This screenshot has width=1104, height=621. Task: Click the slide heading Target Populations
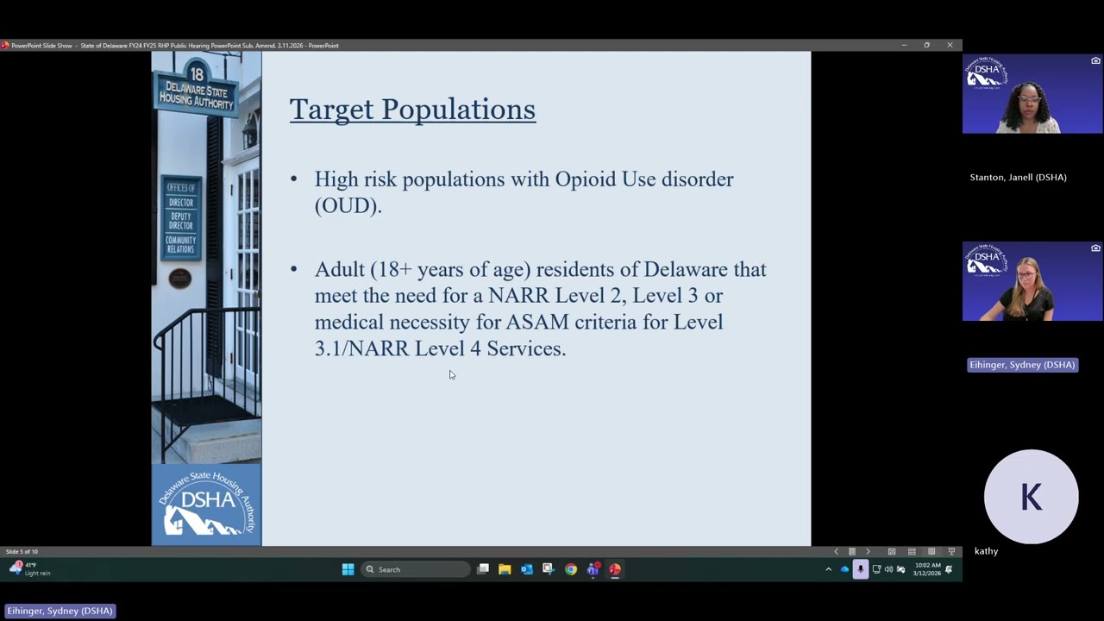(x=412, y=110)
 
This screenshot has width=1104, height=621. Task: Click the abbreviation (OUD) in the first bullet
(x=348, y=206)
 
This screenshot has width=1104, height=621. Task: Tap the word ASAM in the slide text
(x=536, y=323)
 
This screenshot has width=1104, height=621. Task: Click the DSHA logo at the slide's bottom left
(x=206, y=505)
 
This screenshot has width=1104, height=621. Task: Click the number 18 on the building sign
(x=197, y=74)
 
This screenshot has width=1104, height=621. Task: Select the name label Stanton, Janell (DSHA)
(x=1018, y=178)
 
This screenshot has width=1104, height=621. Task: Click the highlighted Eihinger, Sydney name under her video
(x=1022, y=365)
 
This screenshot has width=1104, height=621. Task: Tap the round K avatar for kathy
(x=1031, y=497)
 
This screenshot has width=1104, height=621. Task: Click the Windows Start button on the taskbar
(x=348, y=569)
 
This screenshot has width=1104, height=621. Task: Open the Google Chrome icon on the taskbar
(x=571, y=569)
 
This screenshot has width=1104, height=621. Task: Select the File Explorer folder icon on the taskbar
(x=505, y=569)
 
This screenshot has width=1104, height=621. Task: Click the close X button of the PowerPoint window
(x=950, y=45)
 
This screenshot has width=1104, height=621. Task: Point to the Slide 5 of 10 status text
(x=22, y=552)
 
